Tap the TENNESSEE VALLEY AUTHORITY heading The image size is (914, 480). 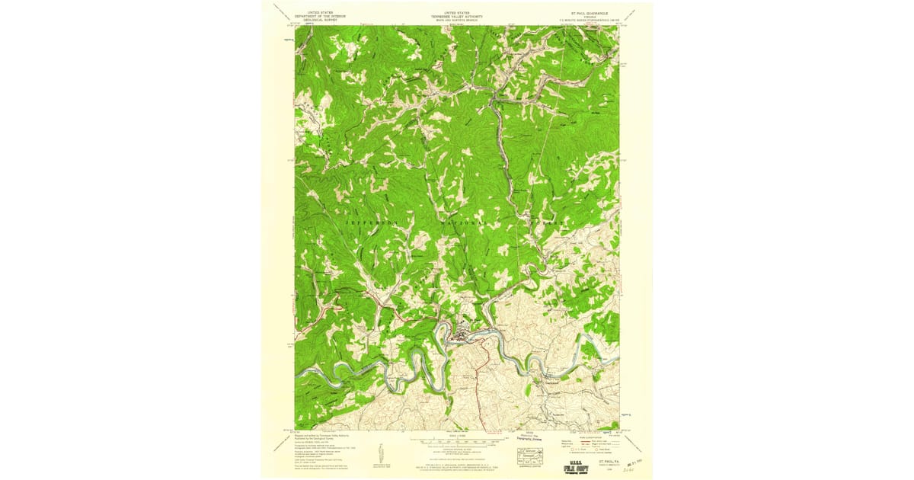[x=457, y=16]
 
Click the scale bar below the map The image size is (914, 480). [x=457, y=441]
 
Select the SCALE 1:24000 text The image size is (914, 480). [x=457, y=436]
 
